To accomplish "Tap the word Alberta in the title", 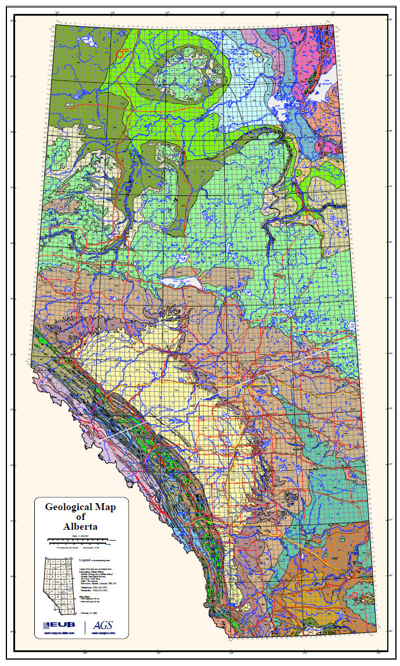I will pyautogui.click(x=81, y=526).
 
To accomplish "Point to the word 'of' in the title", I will pyautogui.click(x=81, y=516).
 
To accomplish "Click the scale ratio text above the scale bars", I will pyautogui.click(x=81, y=534).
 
